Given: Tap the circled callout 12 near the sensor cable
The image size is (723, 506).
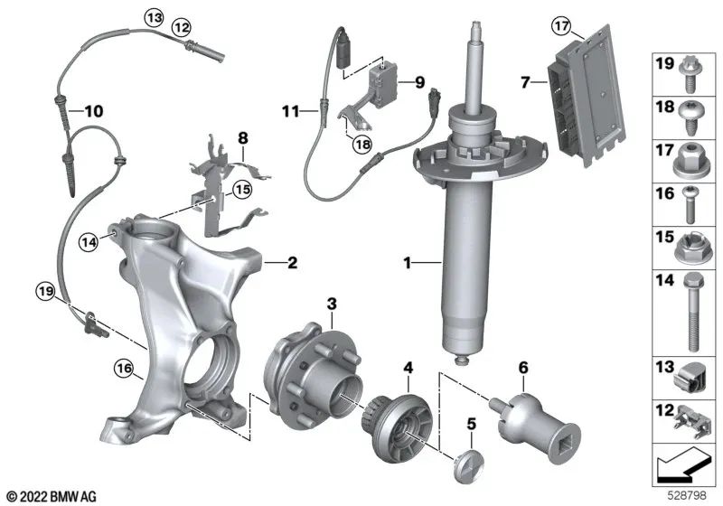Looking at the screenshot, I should coord(183,27).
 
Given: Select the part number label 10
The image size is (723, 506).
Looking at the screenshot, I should coord(94,112).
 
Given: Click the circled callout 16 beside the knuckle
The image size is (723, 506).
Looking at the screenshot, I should coord(123,367).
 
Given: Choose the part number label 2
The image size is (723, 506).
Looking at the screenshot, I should coord(291,264).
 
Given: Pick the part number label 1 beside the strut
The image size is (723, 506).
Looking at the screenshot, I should coord(408,264).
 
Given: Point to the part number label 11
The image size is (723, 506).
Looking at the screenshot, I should coord(289,112).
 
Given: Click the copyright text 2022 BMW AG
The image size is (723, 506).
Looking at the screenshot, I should coord(52,496).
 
